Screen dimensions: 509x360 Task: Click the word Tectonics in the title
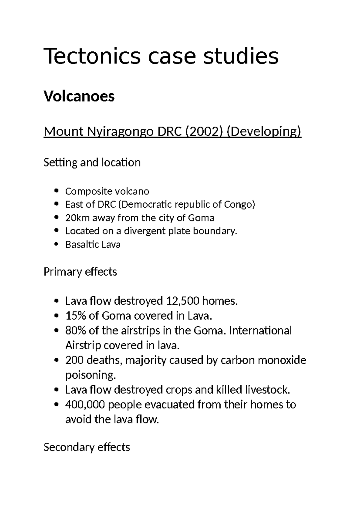[92, 56]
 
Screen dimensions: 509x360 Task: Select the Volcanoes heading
[79, 96]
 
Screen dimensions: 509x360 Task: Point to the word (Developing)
[264, 131]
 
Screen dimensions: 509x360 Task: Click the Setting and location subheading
[92, 163]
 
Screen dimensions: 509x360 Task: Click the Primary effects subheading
[80, 272]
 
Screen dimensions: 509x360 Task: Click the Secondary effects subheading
[87, 447]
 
